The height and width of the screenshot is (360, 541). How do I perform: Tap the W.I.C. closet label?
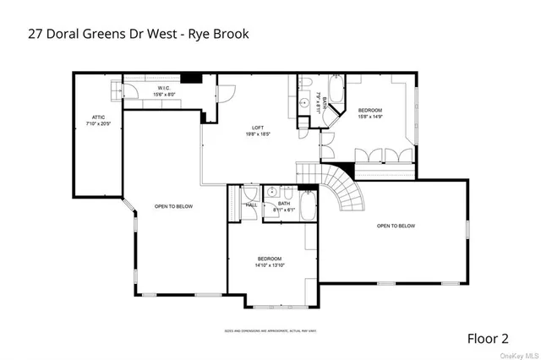coord(164,87)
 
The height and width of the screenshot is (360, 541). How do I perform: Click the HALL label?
coord(251,205)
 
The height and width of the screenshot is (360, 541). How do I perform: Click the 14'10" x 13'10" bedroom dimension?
coord(270,265)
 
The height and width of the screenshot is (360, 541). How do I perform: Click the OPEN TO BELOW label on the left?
coord(173,206)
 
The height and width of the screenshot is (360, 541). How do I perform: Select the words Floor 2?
coord(488,338)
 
